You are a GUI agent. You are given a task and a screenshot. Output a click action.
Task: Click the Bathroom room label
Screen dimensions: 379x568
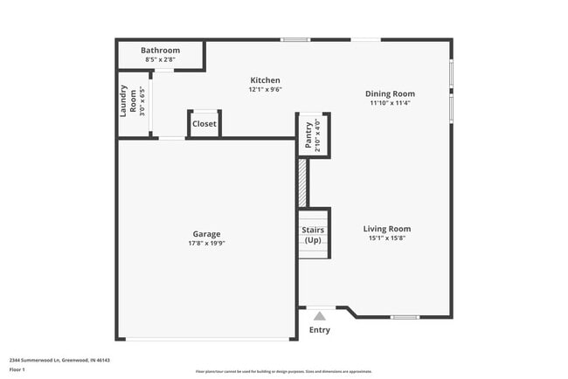point(161,51)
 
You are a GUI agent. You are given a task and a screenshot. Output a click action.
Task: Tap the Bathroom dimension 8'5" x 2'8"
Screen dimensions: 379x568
point(161,59)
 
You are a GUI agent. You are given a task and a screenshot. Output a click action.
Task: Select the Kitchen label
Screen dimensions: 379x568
point(265,80)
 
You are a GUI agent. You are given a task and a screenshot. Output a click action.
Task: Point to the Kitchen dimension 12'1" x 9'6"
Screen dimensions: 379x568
point(265,89)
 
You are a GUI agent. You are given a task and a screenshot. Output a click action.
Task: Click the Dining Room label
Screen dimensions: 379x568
point(390,93)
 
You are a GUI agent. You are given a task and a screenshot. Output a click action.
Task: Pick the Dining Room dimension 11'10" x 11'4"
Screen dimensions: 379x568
point(390,102)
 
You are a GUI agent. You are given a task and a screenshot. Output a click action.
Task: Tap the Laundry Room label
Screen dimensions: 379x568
point(128,101)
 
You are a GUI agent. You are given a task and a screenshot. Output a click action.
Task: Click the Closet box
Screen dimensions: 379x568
point(204,124)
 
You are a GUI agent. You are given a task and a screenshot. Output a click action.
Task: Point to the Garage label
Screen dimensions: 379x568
point(206,234)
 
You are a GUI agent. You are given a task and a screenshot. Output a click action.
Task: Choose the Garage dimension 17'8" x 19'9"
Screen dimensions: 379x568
point(206,244)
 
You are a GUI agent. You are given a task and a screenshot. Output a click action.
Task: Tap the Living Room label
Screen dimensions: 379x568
point(387,229)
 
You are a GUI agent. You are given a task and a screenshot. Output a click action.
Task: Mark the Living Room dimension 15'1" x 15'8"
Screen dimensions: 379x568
point(387,238)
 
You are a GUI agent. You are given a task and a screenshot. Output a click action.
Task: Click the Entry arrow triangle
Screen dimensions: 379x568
point(320,316)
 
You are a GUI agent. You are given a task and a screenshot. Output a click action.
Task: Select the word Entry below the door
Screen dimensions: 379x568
point(320,330)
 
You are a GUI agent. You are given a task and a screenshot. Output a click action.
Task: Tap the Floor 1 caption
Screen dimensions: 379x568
point(18,370)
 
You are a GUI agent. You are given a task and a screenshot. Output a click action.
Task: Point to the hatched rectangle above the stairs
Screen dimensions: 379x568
point(302,183)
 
